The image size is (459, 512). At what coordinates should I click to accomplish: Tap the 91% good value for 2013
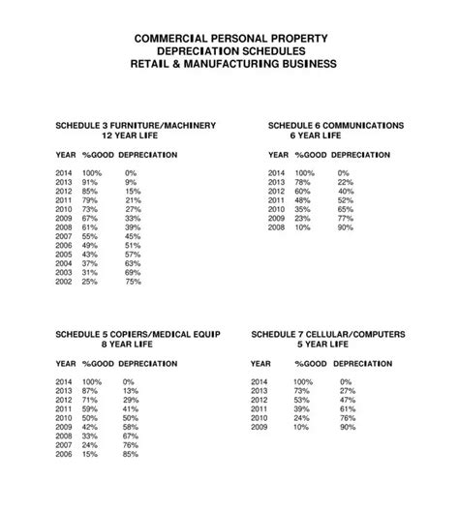pyautogui.click(x=90, y=182)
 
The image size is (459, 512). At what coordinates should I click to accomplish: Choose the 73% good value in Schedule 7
pyautogui.click(x=302, y=389)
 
